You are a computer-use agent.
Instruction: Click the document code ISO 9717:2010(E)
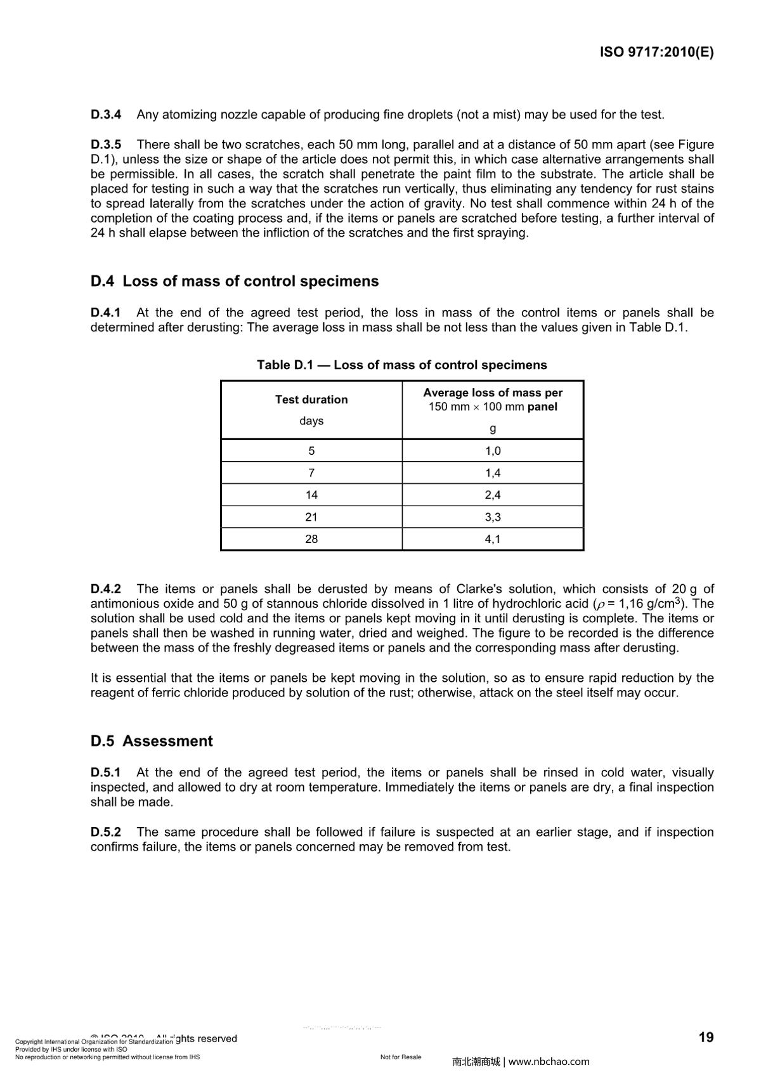point(656,53)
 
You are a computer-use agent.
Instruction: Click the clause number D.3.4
point(105,115)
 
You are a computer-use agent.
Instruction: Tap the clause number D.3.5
point(105,145)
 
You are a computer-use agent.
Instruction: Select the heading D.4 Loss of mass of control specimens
point(234,281)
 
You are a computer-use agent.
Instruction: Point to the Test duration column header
point(311,400)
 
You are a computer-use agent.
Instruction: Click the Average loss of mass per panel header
point(493,400)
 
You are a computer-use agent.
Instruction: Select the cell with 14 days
point(311,495)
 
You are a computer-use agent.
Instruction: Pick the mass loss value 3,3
point(493,517)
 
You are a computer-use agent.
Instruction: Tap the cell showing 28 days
point(311,539)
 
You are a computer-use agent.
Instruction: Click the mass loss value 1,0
point(493,451)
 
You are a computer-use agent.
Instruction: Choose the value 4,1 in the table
point(493,539)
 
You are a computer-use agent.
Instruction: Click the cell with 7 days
point(311,473)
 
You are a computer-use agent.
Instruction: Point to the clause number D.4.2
point(105,589)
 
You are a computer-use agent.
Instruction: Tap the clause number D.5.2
point(105,832)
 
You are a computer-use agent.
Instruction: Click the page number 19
point(706,1038)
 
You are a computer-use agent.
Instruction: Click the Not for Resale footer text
point(401,1057)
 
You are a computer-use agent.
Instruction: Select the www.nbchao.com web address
point(549,1061)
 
